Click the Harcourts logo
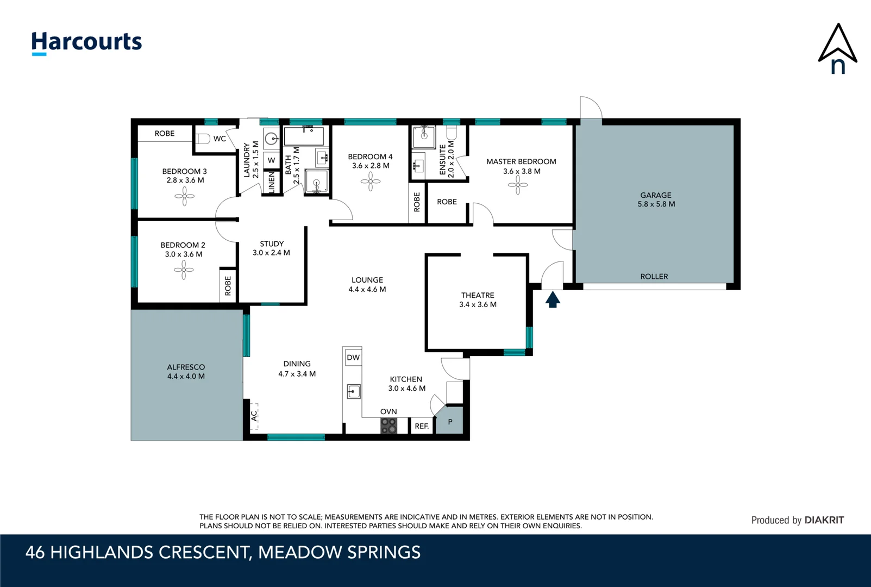[x=86, y=42]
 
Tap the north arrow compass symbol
[x=837, y=49]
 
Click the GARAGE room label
[x=656, y=195]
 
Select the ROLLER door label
[x=654, y=277]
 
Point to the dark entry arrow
[x=553, y=300]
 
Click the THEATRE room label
[x=478, y=295]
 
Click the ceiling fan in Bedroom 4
[x=371, y=182]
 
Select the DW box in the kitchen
[x=353, y=358]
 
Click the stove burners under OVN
[x=388, y=426]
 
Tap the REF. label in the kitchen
[x=422, y=426]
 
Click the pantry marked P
[x=450, y=422]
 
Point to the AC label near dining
[x=254, y=416]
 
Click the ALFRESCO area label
[x=186, y=367]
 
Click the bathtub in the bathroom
[x=304, y=136]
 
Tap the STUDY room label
[x=272, y=244]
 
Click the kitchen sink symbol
[x=354, y=391]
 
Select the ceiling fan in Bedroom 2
[x=184, y=270]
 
